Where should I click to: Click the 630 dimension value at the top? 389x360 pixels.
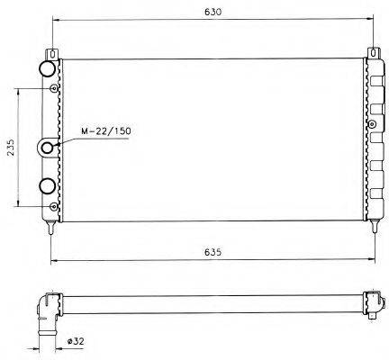click(x=213, y=12)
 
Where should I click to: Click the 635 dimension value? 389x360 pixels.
click(x=213, y=252)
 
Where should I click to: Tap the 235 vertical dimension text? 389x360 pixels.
click(x=10, y=148)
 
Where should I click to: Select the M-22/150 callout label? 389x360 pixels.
click(x=105, y=131)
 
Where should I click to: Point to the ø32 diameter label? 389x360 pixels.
click(x=76, y=341)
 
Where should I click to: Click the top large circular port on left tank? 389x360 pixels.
click(x=47, y=68)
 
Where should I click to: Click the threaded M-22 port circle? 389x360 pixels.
click(x=48, y=148)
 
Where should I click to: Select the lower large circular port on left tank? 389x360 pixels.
click(x=47, y=186)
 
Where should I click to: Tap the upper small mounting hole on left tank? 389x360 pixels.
click(x=54, y=88)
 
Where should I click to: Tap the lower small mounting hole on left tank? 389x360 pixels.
click(x=54, y=207)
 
